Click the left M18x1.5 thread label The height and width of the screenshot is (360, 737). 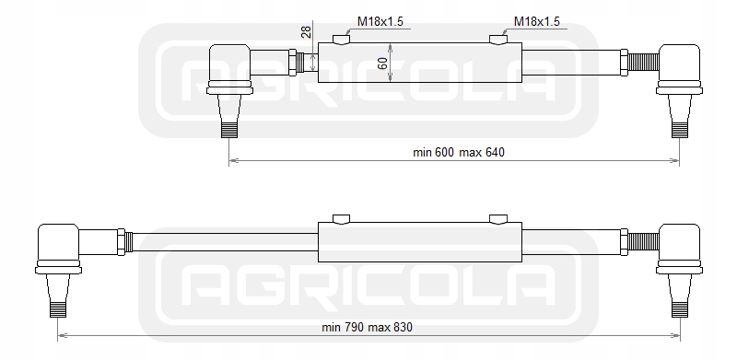coord(380,21)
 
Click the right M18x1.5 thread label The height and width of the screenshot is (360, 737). coord(537,21)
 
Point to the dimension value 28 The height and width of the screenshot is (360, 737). coord(306,32)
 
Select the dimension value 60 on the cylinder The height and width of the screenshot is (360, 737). coord(383,63)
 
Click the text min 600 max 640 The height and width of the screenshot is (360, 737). coord(458,152)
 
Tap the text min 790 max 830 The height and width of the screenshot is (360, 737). coord(367,327)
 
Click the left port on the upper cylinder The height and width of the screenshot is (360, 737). coord(341,39)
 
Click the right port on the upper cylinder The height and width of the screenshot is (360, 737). coord(498,39)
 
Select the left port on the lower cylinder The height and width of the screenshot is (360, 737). coord(341,218)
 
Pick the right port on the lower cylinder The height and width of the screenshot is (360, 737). coord(498,218)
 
